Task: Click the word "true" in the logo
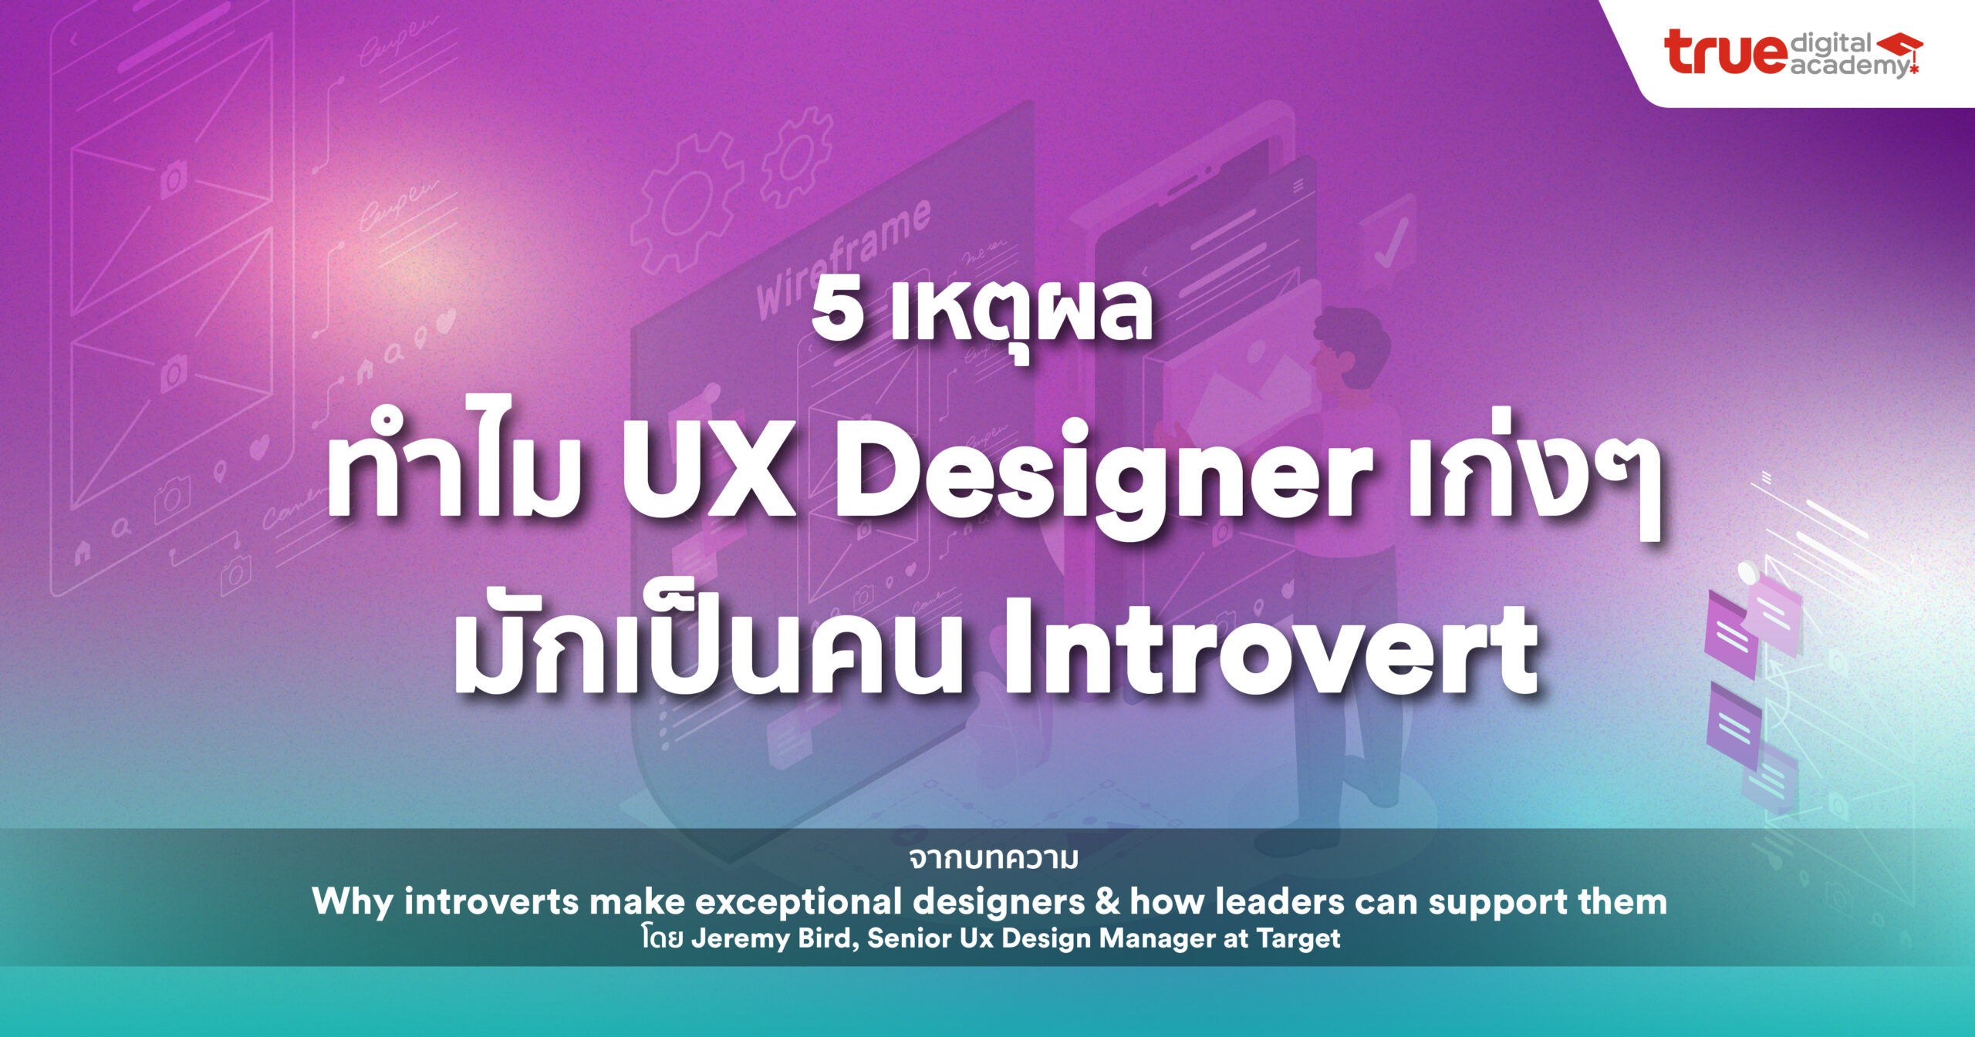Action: (x=1726, y=52)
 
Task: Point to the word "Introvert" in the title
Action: (x=1269, y=648)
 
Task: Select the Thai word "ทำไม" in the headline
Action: (x=455, y=478)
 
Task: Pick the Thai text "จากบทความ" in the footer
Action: (x=994, y=858)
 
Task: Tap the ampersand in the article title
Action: (x=1106, y=901)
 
